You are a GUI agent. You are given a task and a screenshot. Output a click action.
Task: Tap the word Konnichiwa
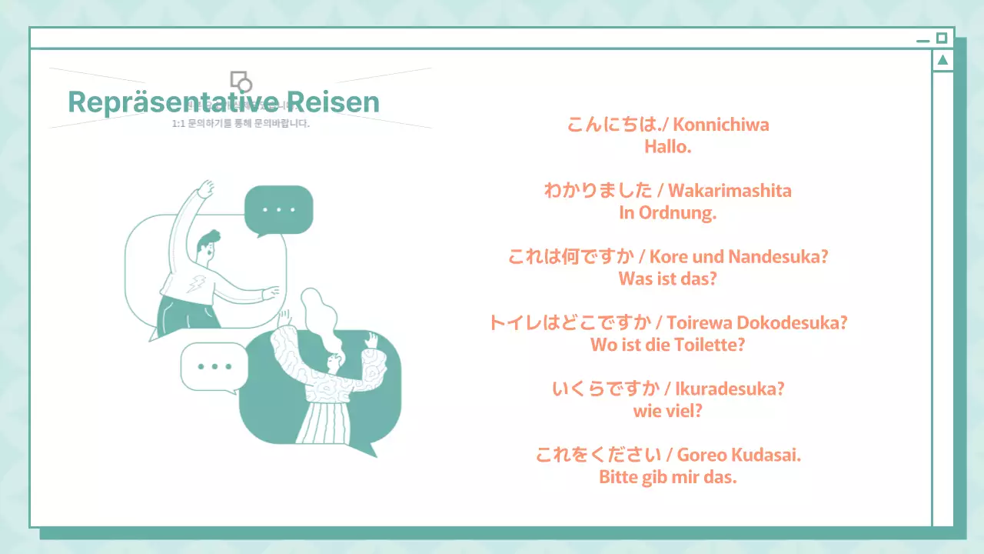tap(720, 125)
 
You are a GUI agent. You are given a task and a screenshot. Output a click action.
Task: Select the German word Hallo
tap(667, 146)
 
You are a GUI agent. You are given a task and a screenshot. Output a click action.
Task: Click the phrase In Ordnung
tap(667, 213)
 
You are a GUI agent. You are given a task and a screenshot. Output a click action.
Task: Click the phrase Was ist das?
tap(667, 279)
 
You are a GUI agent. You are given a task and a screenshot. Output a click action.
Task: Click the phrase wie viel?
tap(667, 411)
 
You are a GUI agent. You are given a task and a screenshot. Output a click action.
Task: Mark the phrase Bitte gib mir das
tap(667, 477)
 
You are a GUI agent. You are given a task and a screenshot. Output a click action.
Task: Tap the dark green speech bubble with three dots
tap(278, 209)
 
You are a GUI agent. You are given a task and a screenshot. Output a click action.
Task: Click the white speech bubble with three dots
tap(214, 367)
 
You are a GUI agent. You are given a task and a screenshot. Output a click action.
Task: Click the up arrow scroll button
tap(942, 60)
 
